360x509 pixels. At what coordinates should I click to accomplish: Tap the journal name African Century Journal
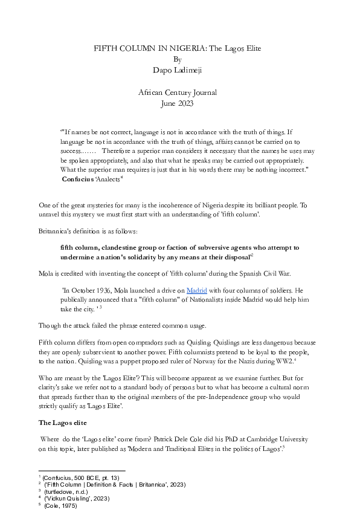point(177,92)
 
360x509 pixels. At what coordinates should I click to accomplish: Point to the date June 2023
point(177,103)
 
